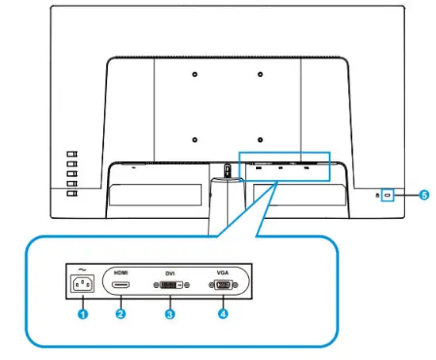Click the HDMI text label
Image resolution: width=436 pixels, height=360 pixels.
[x=121, y=271]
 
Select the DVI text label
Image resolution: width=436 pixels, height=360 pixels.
[x=169, y=271]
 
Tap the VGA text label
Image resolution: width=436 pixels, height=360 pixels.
[x=222, y=271]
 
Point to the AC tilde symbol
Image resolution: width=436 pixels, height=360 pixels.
[x=81, y=267]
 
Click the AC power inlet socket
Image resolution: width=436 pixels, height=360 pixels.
[x=82, y=284]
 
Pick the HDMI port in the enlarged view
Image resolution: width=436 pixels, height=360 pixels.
[x=121, y=284]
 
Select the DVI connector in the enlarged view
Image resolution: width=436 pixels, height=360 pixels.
[x=169, y=284]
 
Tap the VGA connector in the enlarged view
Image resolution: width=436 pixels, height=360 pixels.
[x=222, y=284]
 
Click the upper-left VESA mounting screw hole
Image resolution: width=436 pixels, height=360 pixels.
[x=195, y=76]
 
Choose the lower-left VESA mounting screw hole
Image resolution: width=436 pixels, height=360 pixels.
[x=195, y=141]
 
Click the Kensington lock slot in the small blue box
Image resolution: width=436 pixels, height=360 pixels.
[x=388, y=193]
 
